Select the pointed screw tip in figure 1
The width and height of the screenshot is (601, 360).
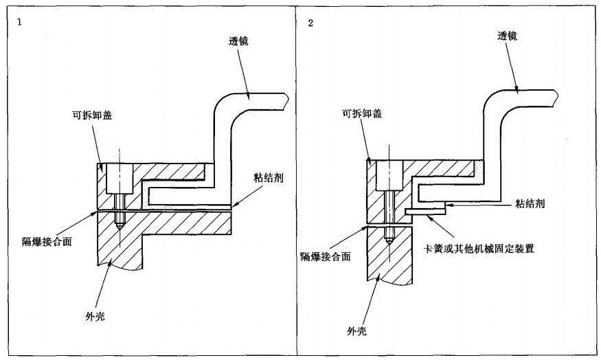point(120,226)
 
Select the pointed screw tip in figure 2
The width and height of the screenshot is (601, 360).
point(389,239)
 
